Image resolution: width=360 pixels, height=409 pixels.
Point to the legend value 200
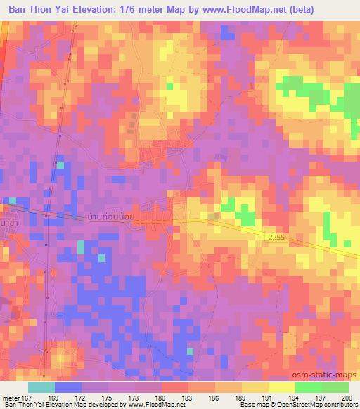345,398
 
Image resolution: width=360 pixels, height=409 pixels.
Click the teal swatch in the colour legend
41,387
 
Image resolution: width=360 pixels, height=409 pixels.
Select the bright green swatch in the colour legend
308,387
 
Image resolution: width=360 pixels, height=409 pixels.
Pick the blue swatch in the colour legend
68,387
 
